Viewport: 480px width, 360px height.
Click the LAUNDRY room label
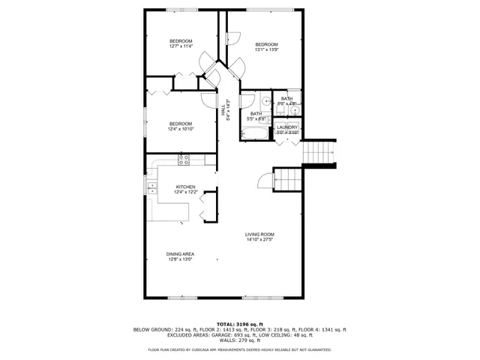point(287,127)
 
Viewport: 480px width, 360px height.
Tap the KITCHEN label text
point(186,187)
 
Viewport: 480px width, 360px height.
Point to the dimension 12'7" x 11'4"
point(181,46)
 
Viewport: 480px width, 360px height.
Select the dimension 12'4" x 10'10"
point(181,130)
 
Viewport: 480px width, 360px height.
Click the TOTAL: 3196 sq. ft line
point(239,323)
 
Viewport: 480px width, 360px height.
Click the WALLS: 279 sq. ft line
point(239,341)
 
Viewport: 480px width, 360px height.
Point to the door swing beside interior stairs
point(262,180)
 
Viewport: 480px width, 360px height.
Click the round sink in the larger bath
point(268,102)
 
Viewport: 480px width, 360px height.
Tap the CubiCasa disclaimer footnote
point(239,350)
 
